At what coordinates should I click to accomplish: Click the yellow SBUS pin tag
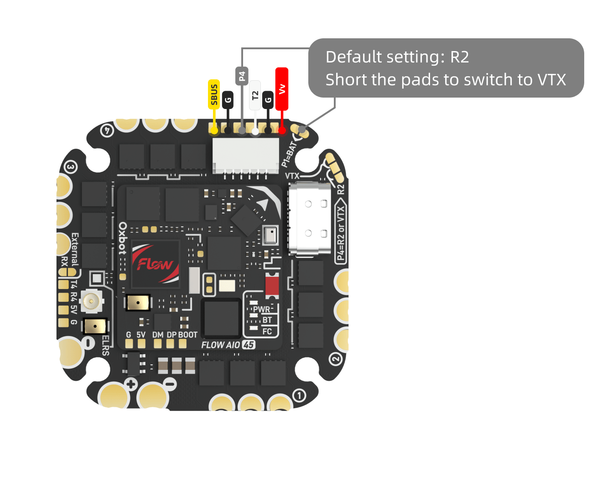tap(214, 94)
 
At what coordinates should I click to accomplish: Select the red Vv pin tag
tap(282, 89)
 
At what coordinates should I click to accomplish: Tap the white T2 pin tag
tap(255, 95)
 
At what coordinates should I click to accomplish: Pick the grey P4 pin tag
tap(242, 76)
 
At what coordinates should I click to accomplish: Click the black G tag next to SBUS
tap(228, 100)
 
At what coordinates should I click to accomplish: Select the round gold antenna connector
tap(91, 301)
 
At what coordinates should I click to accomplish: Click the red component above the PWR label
tap(272, 285)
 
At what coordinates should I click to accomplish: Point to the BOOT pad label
tap(188, 335)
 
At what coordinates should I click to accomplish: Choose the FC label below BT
tap(267, 332)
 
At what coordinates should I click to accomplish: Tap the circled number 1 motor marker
tap(299, 395)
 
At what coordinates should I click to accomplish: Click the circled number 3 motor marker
tap(70, 167)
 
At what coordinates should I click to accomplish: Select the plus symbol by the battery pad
tap(131, 384)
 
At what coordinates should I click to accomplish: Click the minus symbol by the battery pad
tap(170, 384)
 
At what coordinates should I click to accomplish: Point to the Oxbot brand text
tap(122, 238)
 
